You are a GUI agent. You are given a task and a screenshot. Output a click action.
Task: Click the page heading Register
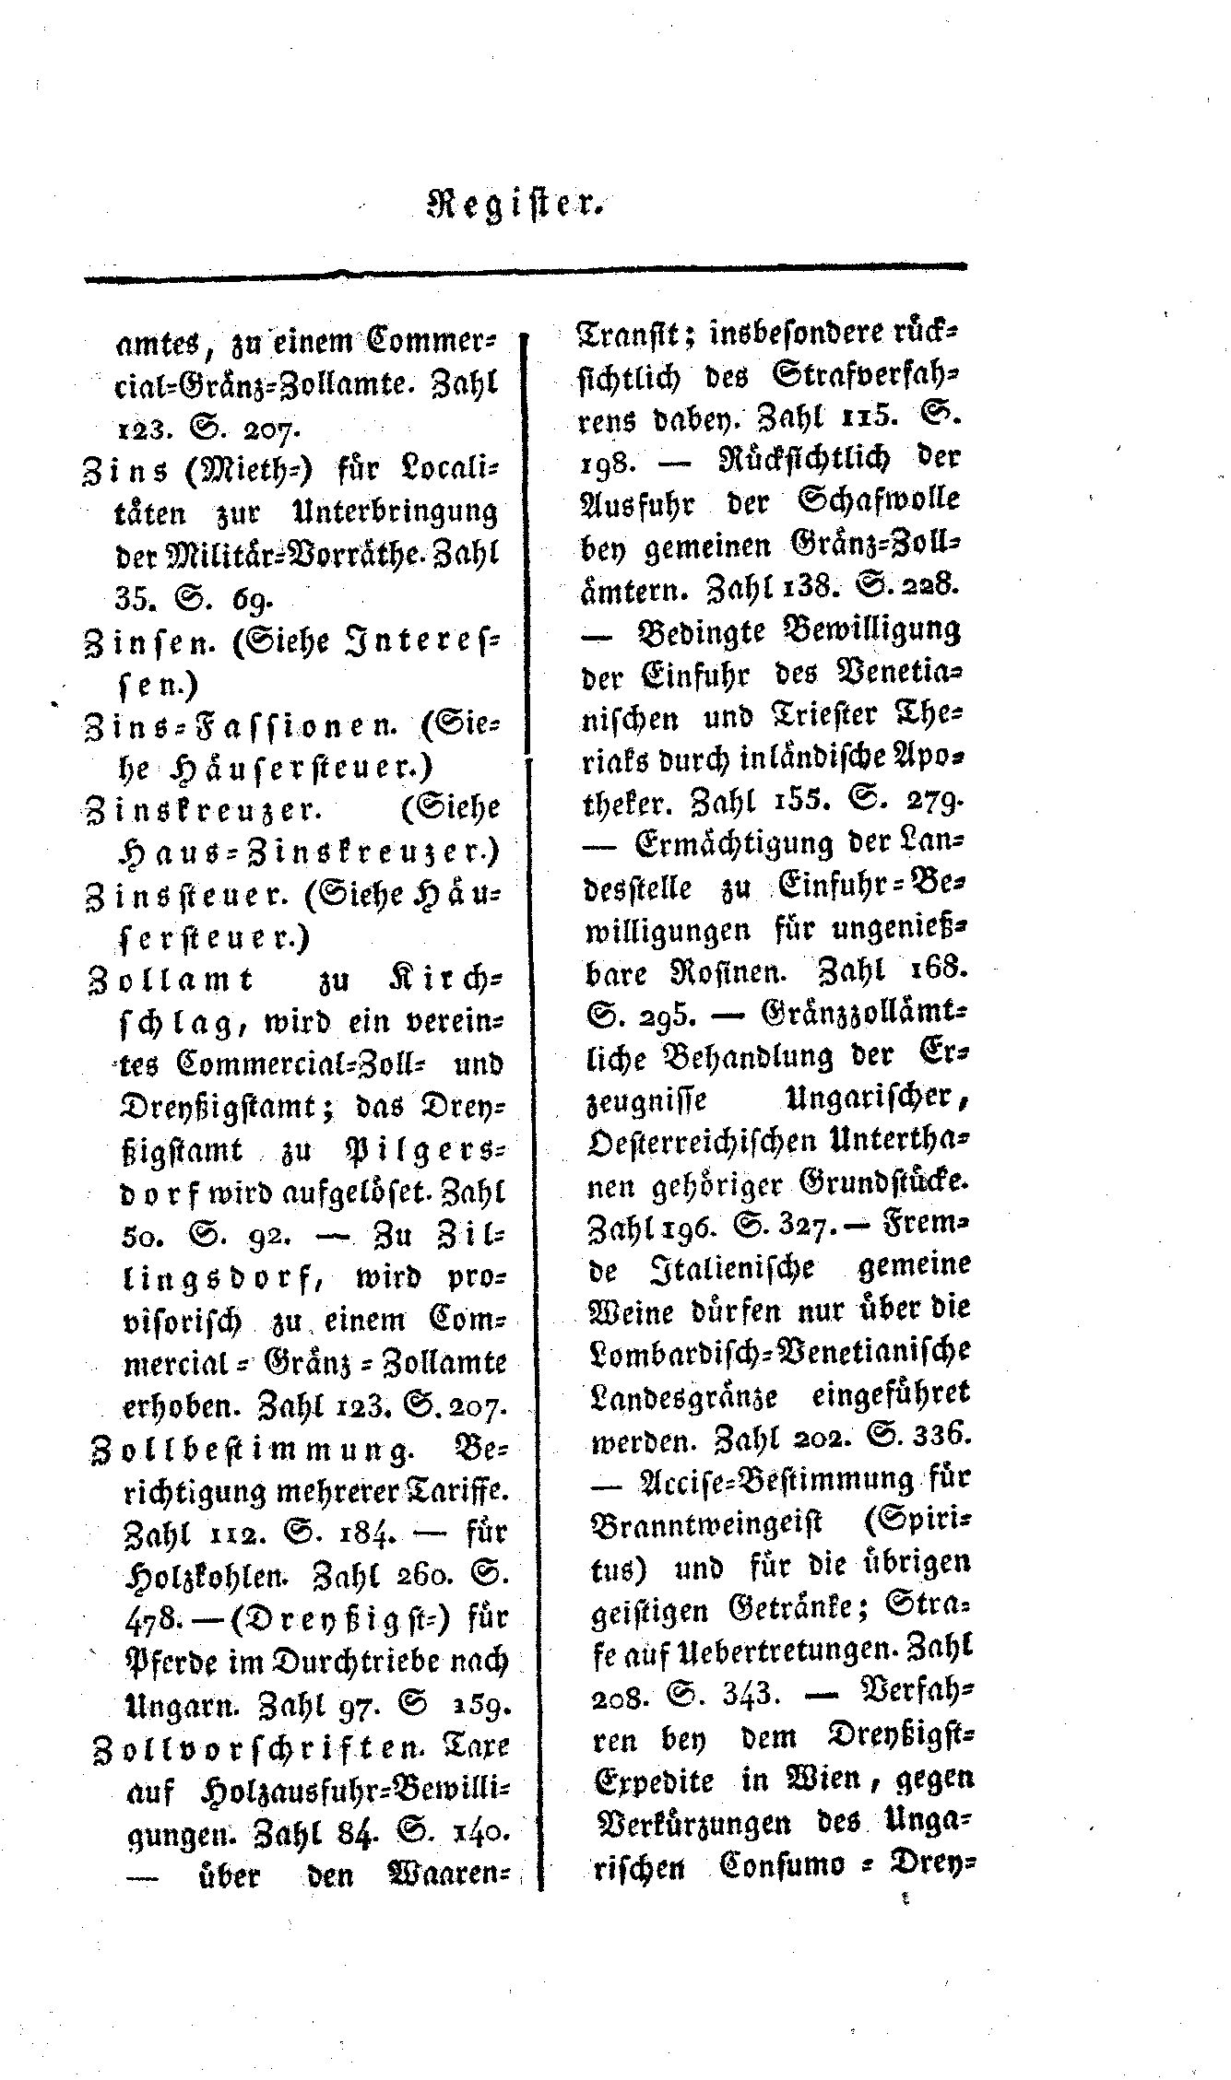[x=515, y=202]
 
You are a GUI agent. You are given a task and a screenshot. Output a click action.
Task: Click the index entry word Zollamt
[x=169, y=979]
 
